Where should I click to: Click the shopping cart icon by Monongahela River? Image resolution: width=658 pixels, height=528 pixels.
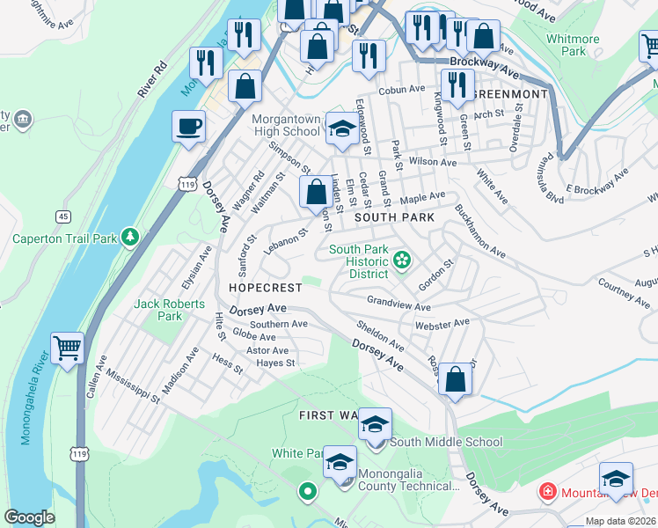(x=67, y=348)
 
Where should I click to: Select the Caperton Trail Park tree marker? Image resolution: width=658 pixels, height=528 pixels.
(x=130, y=237)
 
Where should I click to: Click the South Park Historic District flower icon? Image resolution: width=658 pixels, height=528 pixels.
(x=402, y=260)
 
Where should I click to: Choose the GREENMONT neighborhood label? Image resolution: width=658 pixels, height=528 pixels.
(x=510, y=93)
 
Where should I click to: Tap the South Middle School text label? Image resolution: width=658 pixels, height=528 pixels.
(x=446, y=442)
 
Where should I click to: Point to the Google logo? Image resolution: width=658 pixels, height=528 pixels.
(x=29, y=517)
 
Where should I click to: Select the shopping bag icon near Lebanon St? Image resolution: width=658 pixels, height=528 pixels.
(x=315, y=192)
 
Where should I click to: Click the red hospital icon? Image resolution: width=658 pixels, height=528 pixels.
(x=547, y=490)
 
